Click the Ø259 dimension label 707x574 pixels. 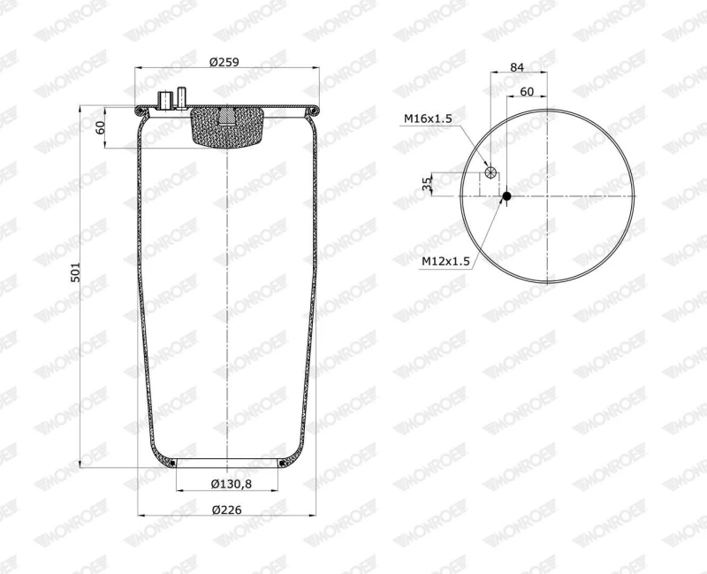tap(224, 62)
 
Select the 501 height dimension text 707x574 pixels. tap(76, 272)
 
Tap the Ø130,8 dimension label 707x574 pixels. tap(232, 484)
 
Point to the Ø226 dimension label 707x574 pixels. tap(227, 509)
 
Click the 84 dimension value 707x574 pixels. tap(517, 67)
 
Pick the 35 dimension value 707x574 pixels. tap(427, 183)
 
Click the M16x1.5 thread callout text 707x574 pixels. tap(428, 119)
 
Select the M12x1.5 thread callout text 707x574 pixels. tap(446, 261)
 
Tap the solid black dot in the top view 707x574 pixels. tap(506, 195)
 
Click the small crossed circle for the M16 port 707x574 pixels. tap(490, 172)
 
